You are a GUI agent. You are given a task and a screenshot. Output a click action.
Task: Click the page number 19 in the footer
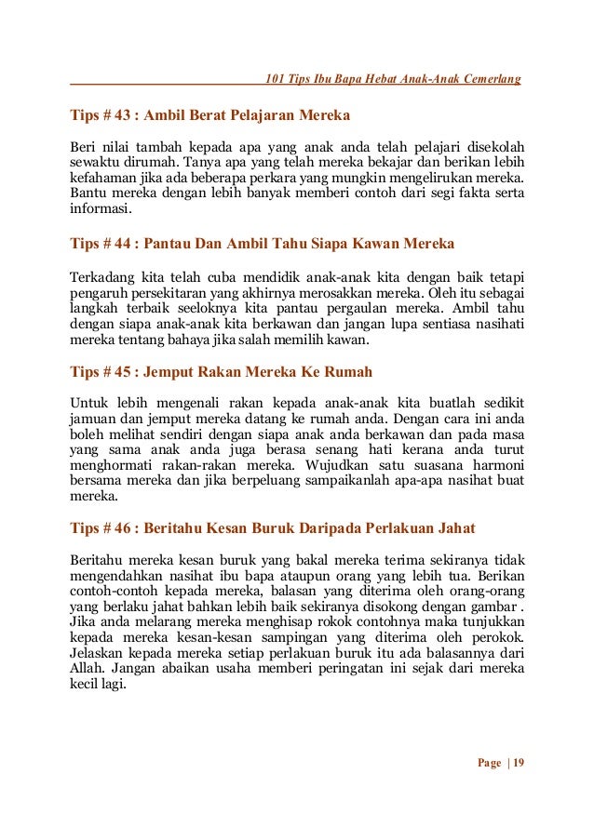(519, 763)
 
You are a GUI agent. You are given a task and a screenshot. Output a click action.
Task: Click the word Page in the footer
(489, 763)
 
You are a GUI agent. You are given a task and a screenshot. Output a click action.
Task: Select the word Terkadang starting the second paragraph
(100, 277)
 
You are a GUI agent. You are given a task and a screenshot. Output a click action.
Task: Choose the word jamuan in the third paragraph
(94, 420)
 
